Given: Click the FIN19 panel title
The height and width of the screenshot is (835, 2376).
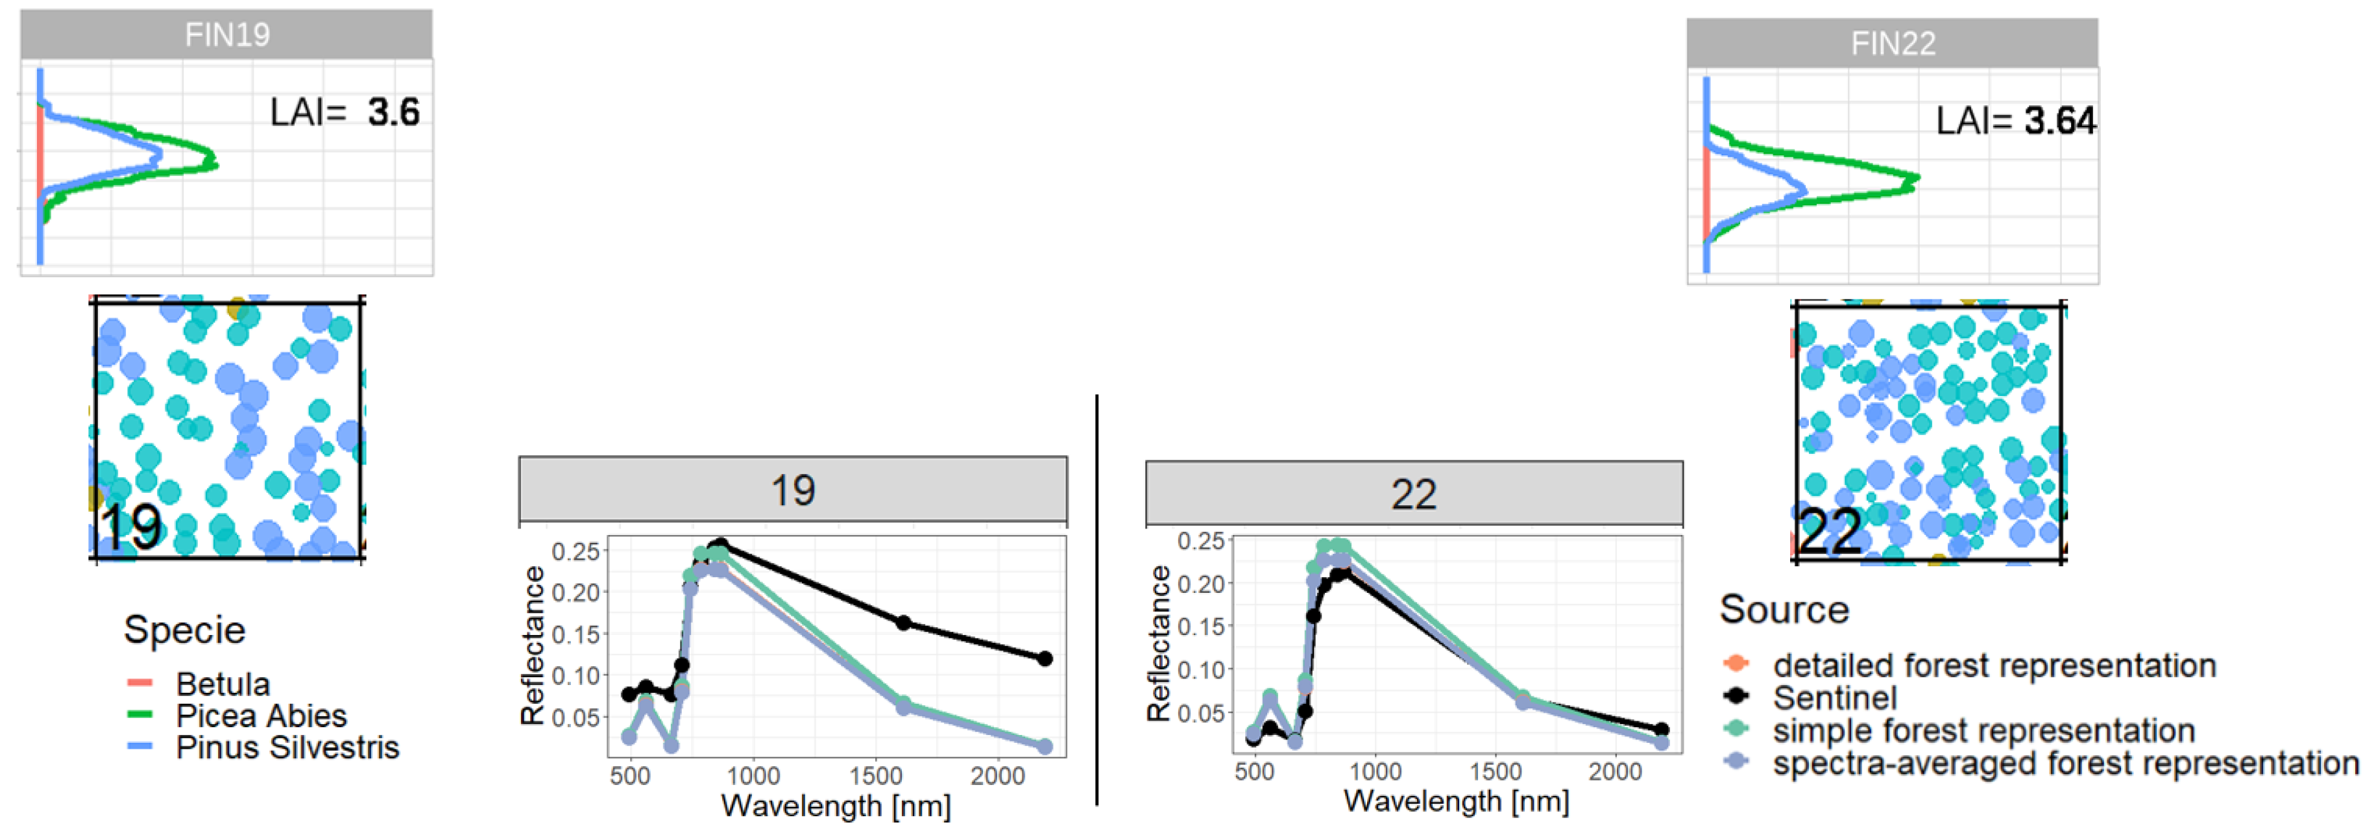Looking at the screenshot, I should coord(227,35).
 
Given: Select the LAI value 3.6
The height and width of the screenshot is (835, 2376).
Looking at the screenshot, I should coord(393,112).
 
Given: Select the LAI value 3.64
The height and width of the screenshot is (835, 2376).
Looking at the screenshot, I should coord(2059,121).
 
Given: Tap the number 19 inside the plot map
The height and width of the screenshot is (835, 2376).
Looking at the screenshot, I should coord(131,528).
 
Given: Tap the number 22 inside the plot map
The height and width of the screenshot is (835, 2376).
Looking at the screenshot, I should coord(1829,531).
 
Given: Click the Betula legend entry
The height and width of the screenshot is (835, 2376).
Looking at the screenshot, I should coord(223,684).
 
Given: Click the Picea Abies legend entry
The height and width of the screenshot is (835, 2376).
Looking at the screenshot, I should coord(261,715).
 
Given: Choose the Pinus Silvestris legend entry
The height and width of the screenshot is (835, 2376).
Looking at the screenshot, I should coord(287,747).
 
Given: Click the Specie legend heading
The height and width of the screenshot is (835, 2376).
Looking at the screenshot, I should coord(184,629).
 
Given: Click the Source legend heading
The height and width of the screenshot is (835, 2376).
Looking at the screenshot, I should coord(1784,610).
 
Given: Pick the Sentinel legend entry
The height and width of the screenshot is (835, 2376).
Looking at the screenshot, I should coord(1834,697).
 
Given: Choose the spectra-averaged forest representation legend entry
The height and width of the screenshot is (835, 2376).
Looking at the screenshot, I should coord(2065,763).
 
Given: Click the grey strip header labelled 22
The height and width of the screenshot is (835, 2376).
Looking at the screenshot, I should coord(1413,495).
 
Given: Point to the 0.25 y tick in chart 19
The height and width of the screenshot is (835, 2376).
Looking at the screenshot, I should coord(576,552).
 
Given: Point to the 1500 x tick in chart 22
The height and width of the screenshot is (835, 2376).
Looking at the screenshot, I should coord(1494,771).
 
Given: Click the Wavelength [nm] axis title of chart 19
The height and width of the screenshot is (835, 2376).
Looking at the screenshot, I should coord(835,806).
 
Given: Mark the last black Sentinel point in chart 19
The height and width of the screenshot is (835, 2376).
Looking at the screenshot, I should coord(1044,659).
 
